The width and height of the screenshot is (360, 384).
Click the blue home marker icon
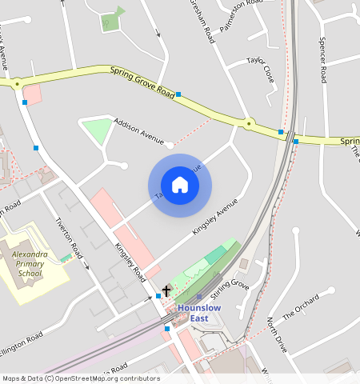(180, 186)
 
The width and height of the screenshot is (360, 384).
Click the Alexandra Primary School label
(31, 263)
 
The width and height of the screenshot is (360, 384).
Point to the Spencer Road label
(322, 60)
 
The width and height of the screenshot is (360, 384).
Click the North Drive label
(276, 334)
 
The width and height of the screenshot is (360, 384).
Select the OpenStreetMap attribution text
(80, 378)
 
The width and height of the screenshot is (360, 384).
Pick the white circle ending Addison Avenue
(170, 145)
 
